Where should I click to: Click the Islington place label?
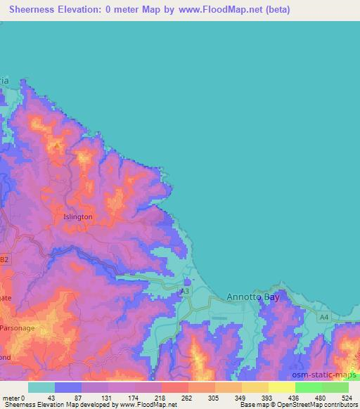[77, 217]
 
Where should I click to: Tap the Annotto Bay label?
[254, 297]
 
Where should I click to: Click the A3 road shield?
[185, 291]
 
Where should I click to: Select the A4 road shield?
[323, 318]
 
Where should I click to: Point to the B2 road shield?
[5, 259]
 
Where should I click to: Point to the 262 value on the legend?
[187, 397]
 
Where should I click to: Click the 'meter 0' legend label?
[14, 397]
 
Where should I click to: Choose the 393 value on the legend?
[267, 397]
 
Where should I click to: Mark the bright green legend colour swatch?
[308, 387]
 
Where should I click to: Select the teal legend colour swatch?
[41, 387]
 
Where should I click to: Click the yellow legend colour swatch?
[255, 387]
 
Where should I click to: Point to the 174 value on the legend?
[134, 397]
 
